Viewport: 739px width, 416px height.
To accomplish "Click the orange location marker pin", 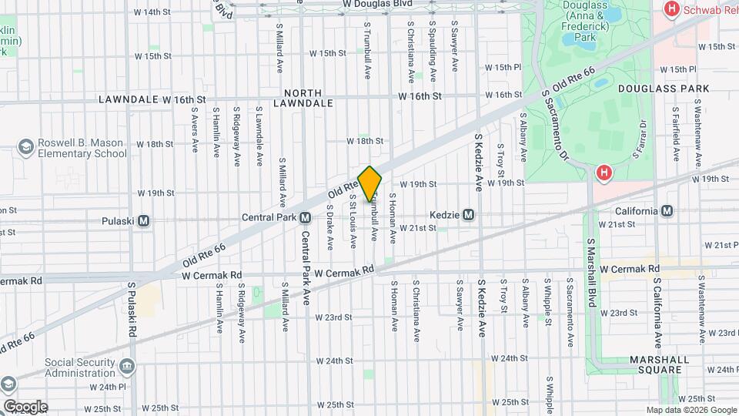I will click(x=369, y=183).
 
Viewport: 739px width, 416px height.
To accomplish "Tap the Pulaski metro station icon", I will click(x=144, y=220).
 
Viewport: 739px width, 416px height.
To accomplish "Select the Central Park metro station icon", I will click(x=306, y=218).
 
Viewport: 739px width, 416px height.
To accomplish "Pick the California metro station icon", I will click(x=667, y=211).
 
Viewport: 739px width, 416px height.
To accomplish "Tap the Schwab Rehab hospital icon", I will click(x=670, y=9).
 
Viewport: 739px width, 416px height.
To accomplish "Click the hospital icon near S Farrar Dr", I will click(x=604, y=173).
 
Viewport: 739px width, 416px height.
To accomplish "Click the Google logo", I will click(x=25, y=406).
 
